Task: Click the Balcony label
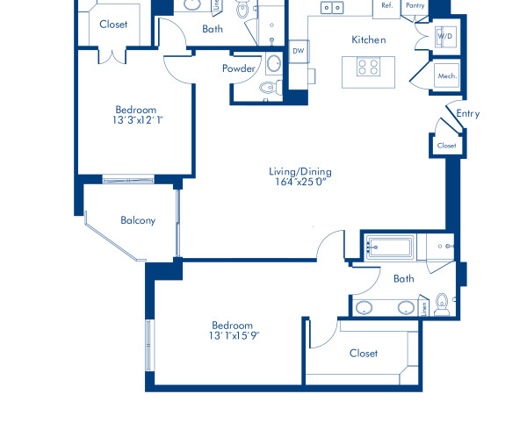[138, 220]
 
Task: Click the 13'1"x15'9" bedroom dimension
[232, 335]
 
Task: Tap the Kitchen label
[369, 39]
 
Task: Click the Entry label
[468, 113]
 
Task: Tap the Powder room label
[239, 68]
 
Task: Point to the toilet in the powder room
[269, 89]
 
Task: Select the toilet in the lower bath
[443, 304]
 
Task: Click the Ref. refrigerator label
[386, 5]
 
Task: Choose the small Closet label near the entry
[446, 146]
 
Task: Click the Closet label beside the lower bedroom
[364, 353]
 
